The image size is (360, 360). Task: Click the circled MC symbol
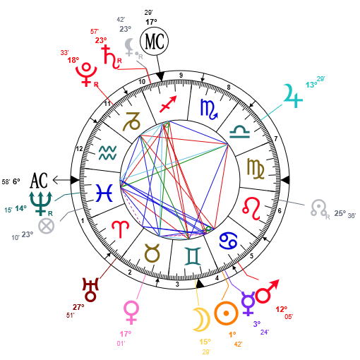(155, 41)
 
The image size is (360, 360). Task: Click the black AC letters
(39, 180)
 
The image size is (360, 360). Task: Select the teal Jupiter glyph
(293, 96)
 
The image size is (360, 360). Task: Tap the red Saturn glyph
(111, 56)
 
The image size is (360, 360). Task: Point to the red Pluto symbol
(86, 74)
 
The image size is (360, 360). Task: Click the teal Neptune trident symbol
(40, 203)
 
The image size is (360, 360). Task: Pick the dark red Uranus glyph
(90, 290)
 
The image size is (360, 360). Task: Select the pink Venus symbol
(131, 313)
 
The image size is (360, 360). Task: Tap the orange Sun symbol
(226, 313)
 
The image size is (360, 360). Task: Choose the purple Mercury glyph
(248, 304)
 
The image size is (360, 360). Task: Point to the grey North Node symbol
(318, 208)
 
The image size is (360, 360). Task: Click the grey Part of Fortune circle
(47, 226)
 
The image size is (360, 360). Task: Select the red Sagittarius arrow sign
(168, 104)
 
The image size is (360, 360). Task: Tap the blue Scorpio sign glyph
(209, 109)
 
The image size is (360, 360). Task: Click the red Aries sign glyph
(120, 229)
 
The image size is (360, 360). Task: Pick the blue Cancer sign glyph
(228, 241)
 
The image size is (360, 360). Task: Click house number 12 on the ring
(79, 149)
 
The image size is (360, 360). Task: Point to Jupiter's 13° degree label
(311, 85)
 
